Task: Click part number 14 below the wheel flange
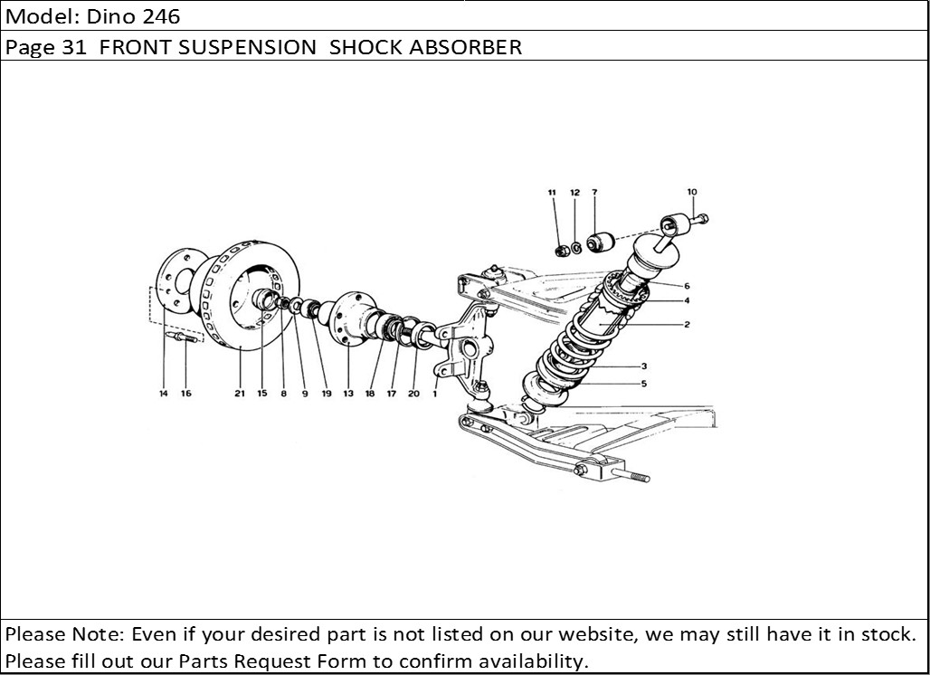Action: pyautogui.click(x=164, y=394)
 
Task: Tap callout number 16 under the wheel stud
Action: pyautogui.click(x=185, y=394)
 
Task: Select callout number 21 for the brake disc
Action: pyautogui.click(x=240, y=394)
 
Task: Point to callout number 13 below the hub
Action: pyautogui.click(x=348, y=394)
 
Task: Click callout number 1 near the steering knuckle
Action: pyautogui.click(x=435, y=394)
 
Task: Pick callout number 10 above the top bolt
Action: pyautogui.click(x=692, y=192)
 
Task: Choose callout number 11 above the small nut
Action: pyautogui.click(x=553, y=193)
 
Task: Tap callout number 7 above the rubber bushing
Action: pyautogui.click(x=594, y=193)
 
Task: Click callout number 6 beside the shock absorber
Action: pyautogui.click(x=687, y=286)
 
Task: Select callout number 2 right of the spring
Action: pyautogui.click(x=687, y=324)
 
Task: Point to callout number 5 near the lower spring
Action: pyautogui.click(x=643, y=384)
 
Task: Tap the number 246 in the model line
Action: pyautogui.click(x=161, y=16)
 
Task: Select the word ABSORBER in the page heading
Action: pyautogui.click(x=466, y=47)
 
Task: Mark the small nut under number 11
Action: pyautogui.click(x=561, y=249)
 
